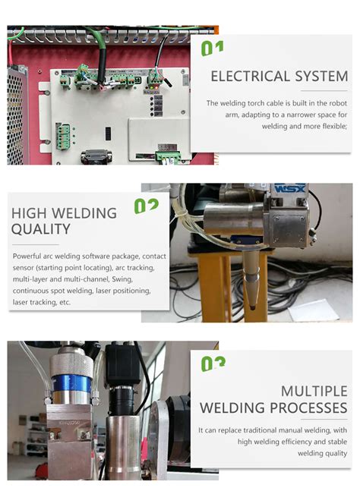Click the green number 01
pos(213,49)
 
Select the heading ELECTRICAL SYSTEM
pos(279,76)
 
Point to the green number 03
pos(213,364)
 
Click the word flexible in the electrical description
pos(331,126)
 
